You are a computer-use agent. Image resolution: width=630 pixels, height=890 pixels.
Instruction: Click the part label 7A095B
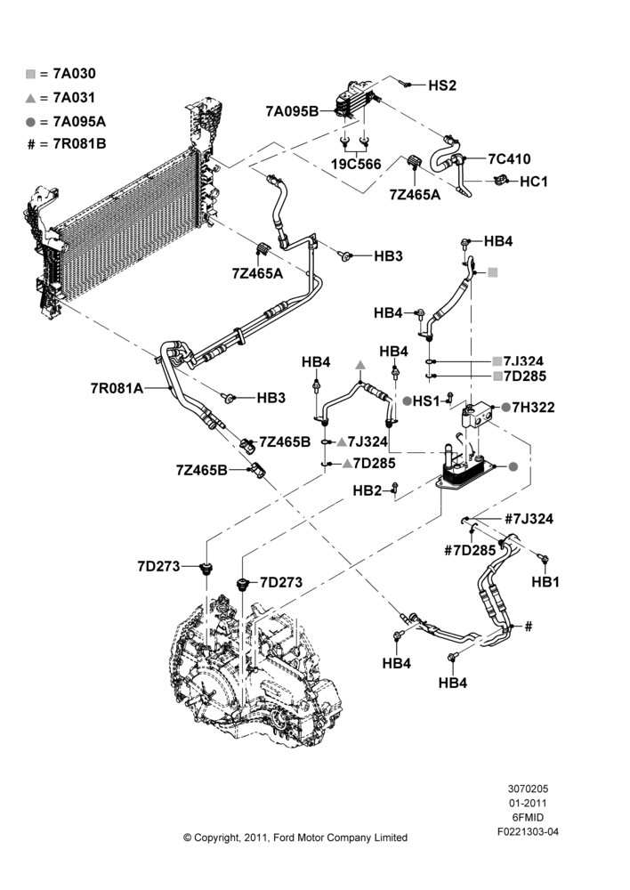[292, 111]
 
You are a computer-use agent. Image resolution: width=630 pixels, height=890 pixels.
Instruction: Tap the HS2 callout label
[442, 85]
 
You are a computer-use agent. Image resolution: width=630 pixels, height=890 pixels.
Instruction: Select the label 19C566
[356, 165]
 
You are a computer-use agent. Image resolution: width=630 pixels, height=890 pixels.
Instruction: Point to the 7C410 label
[509, 158]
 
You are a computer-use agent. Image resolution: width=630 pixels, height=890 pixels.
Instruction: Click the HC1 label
[534, 182]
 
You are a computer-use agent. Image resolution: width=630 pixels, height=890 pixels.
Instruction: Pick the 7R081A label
[117, 388]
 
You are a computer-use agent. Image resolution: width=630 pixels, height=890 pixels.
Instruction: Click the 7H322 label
[533, 407]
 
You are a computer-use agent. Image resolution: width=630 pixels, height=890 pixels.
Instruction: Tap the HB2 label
[367, 490]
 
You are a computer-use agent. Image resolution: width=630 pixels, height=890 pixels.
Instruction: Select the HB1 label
[545, 582]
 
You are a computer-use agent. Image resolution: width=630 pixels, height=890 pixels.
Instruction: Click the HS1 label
[426, 400]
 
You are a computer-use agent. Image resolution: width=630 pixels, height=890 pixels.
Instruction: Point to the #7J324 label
[529, 519]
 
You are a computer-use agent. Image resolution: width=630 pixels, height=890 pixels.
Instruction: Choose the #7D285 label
[470, 551]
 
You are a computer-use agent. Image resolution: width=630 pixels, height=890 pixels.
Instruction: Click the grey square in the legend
[30, 74]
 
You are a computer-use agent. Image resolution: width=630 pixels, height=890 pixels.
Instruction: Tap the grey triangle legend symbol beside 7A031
[30, 98]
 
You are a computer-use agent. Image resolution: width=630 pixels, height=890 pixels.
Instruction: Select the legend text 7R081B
[79, 143]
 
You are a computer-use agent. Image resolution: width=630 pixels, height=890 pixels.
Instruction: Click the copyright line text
[295, 837]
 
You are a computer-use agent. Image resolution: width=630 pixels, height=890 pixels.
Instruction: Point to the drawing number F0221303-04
[528, 831]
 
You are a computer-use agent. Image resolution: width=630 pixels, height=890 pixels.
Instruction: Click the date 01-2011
[528, 803]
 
